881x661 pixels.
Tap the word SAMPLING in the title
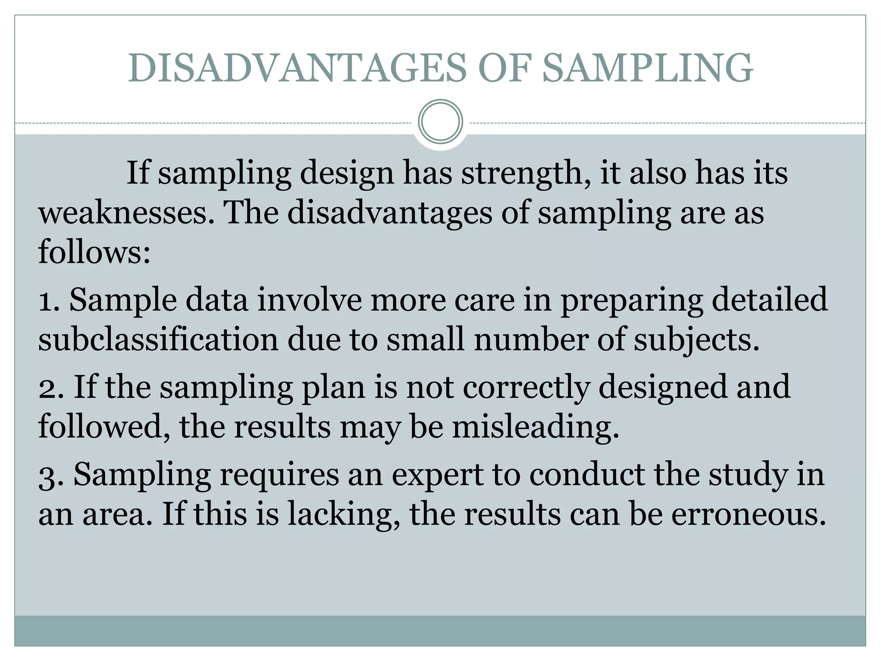point(647,68)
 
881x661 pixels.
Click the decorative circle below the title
point(440,121)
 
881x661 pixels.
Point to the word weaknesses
point(126,213)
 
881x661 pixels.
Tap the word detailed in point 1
point(770,300)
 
